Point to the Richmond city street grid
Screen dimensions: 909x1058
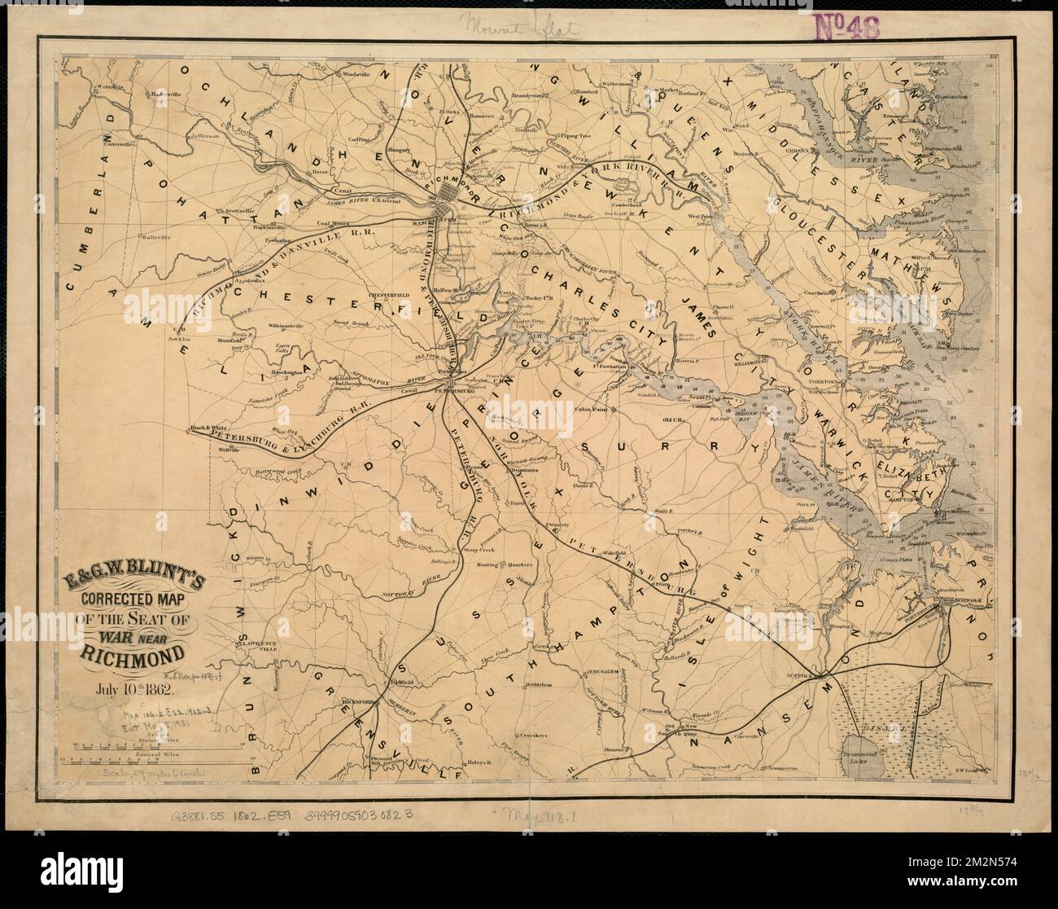pyautogui.click(x=450, y=195)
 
